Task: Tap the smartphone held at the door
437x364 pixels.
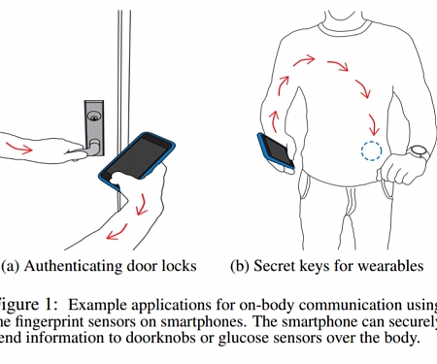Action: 142,155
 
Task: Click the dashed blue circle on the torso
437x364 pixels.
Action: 370,152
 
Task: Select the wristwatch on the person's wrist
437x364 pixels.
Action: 418,153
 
